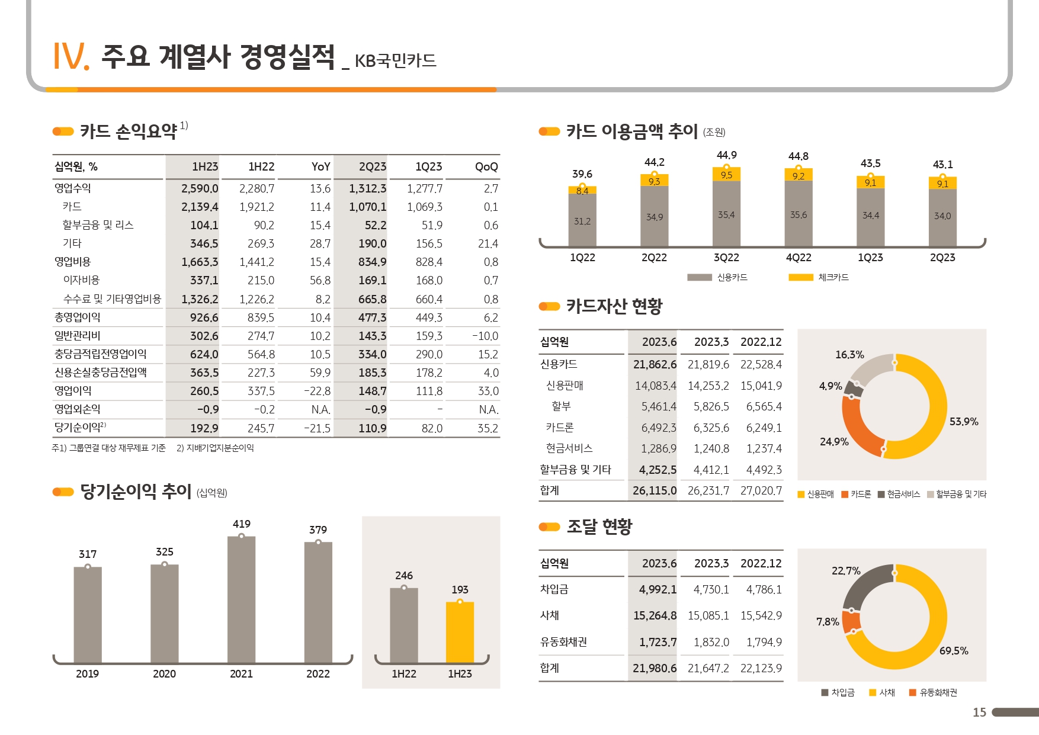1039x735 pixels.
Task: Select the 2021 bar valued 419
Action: [x=241, y=598]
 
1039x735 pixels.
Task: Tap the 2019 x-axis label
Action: [x=87, y=674]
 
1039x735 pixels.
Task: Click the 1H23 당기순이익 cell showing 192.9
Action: [x=204, y=428]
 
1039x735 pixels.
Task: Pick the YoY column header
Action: [x=320, y=167]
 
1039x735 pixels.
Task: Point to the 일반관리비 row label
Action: [x=78, y=336]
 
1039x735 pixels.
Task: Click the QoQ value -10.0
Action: [x=485, y=336]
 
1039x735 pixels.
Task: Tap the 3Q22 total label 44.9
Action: [x=726, y=155]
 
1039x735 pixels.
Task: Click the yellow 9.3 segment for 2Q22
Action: [x=654, y=181]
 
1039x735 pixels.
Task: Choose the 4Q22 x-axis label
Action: [x=798, y=258]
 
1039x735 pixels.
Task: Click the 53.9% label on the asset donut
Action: [x=963, y=422]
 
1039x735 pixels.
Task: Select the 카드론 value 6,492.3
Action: [x=658, y=428]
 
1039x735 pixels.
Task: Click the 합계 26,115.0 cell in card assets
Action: [x=654, y=490]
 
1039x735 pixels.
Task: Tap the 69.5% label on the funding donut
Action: [x=953, y=651]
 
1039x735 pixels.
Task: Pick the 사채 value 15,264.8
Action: [x=655, y=616]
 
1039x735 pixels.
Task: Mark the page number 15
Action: [x=979, y=712]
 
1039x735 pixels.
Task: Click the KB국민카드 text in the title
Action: [x=395, y=61]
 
